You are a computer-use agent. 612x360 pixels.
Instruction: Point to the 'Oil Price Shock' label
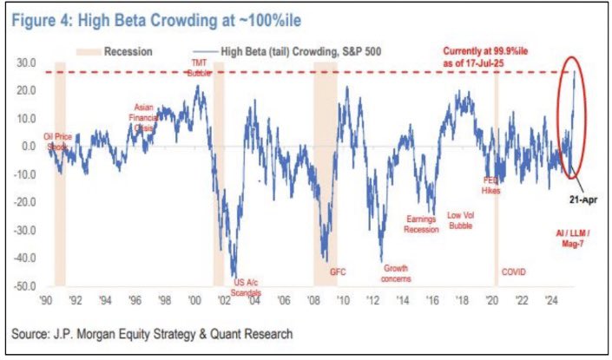(x=57, y=141)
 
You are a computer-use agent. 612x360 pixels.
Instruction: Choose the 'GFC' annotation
(x=338, y=272)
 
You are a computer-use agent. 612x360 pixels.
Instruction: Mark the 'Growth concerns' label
(x=396, y=273)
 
